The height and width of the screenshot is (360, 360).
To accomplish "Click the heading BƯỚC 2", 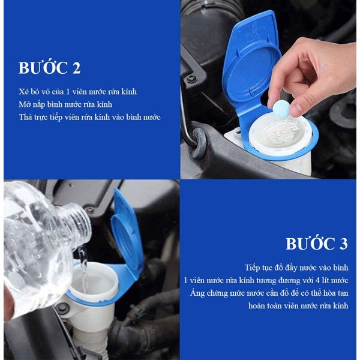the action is coord(49,68).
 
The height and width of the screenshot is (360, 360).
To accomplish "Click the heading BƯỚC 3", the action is coord(317,244).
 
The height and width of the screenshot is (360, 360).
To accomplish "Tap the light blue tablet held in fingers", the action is coord(281,107).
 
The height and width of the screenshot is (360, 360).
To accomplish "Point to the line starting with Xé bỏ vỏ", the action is coord(77,92).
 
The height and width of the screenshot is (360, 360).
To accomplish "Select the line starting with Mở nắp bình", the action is coord(65,104).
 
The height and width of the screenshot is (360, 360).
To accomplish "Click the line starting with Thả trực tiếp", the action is coord(89,117).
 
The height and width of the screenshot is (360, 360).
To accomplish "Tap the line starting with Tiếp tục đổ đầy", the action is coord(296,268).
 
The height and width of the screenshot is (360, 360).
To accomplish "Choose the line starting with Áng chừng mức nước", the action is coord(269,293).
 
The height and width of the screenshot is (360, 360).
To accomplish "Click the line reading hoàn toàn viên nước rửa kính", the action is coord(298,306).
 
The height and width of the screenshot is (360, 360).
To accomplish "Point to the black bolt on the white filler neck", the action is coord(63,308).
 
